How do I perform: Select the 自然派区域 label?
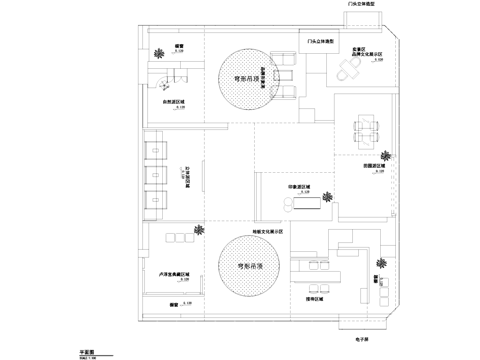(x=176, y=101)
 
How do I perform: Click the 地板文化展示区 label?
(x=268, y=231)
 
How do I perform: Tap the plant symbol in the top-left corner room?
(x=158, y=53)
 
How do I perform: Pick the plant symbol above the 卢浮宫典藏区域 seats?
(x=202, y=229)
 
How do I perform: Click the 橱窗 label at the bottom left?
(x=174, y=299)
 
